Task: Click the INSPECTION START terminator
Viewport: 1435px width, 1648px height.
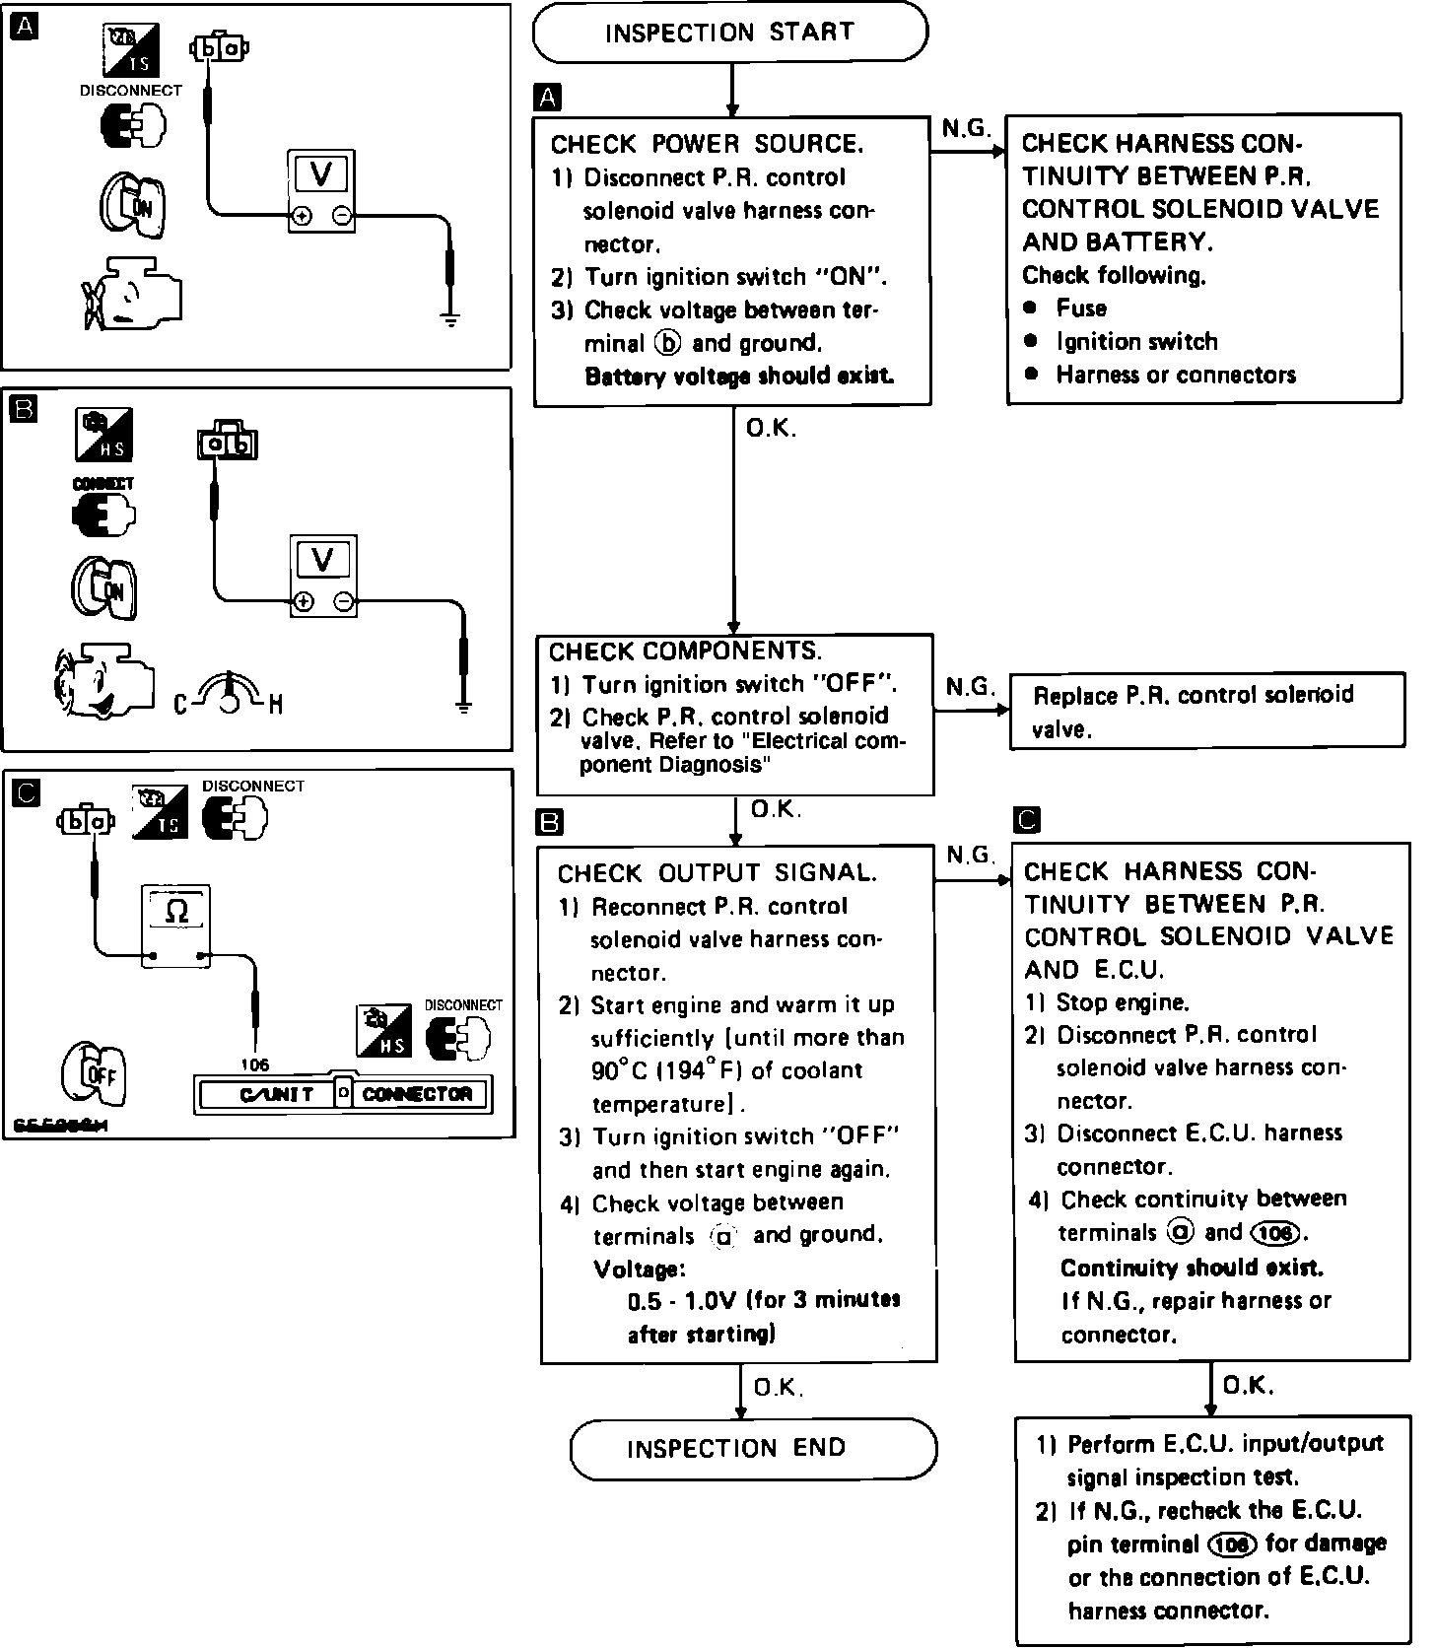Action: click(x=729, y=34)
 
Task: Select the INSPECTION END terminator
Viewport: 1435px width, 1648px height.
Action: click(x=754, y=1448)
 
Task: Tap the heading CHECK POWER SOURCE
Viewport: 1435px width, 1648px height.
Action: click(x=707, y=145)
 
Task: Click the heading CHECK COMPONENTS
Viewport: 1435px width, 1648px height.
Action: click(x=685, y=652)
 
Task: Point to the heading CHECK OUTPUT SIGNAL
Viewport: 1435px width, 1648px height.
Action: click(x=717, y=873)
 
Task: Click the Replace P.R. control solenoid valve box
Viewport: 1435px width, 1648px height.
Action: click(x=1206, y=712)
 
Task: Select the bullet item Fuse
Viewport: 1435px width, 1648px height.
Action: click(x=1081, y=309)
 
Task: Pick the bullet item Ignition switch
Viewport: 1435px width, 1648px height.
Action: click(x=1136, y=342)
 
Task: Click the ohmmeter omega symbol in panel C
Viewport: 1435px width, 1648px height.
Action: click(x=176, y=912)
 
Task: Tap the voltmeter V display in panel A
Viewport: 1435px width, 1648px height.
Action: click(x=320, y=174)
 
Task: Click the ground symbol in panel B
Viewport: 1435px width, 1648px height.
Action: click(x=463, y=706)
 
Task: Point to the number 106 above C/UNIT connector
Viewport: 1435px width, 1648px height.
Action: click(x=254, y=1064)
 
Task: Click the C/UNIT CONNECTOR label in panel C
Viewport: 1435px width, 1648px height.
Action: click(x=343, y=1094)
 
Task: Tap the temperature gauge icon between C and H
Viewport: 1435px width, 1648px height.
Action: click(x=229, y=693)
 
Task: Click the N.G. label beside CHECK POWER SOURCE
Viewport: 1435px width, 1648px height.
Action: click(x=966, y=129)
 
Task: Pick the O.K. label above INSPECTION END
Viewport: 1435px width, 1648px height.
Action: click(x=779, y=1388)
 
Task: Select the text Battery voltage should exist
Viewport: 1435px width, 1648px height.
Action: click(x=739, y=377)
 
